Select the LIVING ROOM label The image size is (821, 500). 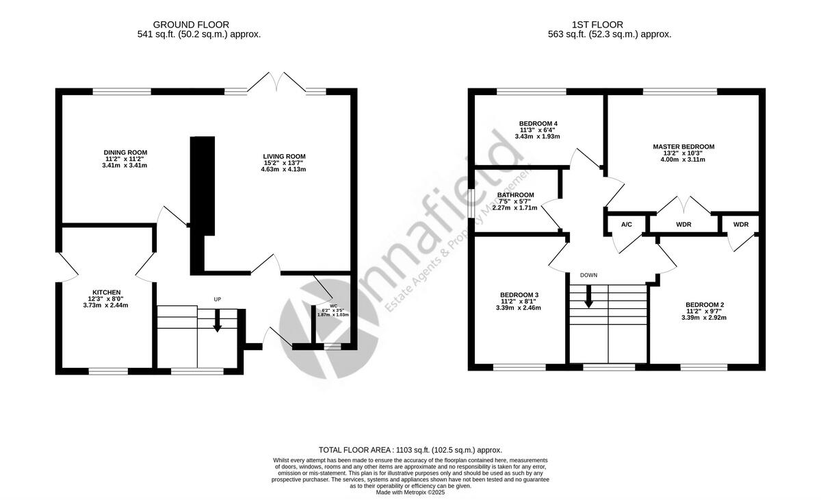coord(283,157)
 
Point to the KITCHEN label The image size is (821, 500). coord(107,292)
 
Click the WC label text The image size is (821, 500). coord(334,305)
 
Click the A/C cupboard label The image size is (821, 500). coord(626,225)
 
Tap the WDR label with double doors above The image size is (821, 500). coord(683,225)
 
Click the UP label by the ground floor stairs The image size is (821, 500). coord(218,299)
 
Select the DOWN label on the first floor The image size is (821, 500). coord(588,275)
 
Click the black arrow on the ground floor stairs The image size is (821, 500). coord(218,322)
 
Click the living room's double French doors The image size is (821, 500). coord(276,82)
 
